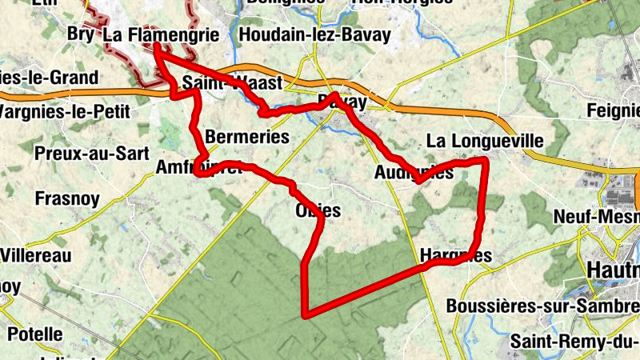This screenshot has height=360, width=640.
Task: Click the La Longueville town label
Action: tap(485, 141)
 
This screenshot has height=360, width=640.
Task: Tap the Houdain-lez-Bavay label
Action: tap(314, 34)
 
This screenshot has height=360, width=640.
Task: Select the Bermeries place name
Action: tap(247, 137)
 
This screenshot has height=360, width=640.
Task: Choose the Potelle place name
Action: tap(35, 333)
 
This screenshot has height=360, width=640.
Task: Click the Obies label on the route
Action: tap(318, 211)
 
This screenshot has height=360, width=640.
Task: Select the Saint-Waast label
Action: tap(232, 83)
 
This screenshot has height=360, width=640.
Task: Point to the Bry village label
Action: tap(80, 34)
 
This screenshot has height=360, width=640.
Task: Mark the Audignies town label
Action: tap(414, 172)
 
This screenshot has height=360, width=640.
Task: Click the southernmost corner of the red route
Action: tap(304, 314)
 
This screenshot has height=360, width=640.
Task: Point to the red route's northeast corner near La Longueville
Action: tap(485, 162)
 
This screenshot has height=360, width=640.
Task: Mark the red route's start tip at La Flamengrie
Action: tap(156, 46)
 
